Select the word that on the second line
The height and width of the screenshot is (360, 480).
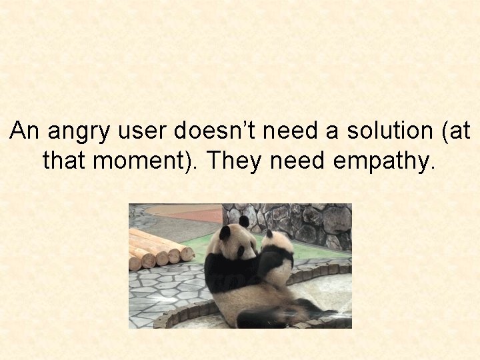(x=62, y=161)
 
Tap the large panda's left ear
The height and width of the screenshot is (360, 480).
(x=225, y=233)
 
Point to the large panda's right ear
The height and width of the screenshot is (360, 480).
(x=244, y=221)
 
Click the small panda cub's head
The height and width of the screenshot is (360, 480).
(x=278, y=245)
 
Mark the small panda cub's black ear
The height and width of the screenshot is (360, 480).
(x=269, y=234)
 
